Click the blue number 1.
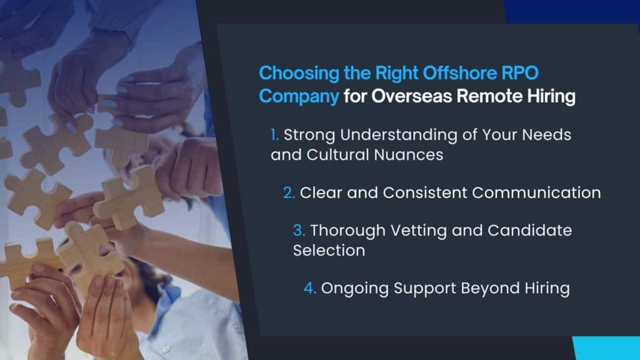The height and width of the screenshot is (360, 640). tap(274, 134)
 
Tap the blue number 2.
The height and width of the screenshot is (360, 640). tap(289, 192)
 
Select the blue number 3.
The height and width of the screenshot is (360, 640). tap(299, 231)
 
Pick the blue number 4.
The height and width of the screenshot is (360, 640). tap(309, 288)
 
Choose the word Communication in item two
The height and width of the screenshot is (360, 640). tap(536, 192)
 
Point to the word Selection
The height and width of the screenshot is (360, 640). tap(329, 251)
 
